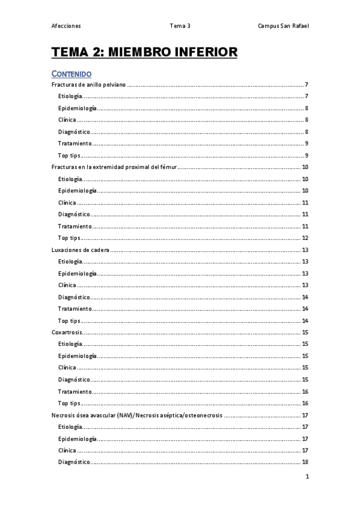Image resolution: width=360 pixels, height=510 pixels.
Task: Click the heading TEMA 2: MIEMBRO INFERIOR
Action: (x=145, y=53)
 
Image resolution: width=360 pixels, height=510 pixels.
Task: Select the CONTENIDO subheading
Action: (x=72, y=74)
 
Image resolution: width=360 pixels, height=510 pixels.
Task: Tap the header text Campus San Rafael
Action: (x=284, y=26)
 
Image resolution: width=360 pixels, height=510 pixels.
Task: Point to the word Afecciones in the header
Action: (x=67, y=26)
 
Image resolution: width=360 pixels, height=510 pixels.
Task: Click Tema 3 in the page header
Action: (x=180, y=26)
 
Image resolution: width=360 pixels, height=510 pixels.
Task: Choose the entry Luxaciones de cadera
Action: (x=81, y=250)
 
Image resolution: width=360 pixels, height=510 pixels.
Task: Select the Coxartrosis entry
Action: (x=67, y=332)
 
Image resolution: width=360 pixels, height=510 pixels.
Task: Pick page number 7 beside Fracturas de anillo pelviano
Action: (x=307, y=85)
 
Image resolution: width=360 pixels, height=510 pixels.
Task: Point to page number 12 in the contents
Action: (x=305, y=238)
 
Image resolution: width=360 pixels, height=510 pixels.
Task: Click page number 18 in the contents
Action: (x=305, y=462)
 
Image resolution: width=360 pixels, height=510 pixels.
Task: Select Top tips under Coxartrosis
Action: (x=69, y=403)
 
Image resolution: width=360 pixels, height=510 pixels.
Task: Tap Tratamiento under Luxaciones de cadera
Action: (x=75, y=309)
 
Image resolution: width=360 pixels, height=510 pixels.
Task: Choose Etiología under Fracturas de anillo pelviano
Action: (x=70, y=96)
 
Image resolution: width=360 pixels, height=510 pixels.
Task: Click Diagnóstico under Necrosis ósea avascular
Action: (x=75, y=462)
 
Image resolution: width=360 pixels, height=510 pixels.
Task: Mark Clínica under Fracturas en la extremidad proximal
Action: (x=67, y=203)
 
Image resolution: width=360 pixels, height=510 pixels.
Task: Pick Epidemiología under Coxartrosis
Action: (x=78, y=356)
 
